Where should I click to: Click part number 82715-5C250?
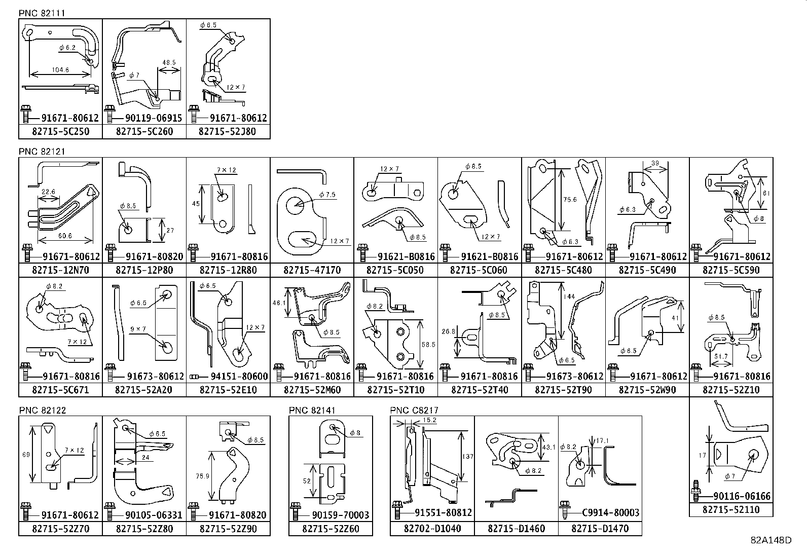(x=60, y=132)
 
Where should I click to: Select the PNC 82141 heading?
(x=312, y=410)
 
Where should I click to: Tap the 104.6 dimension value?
(x=60, y=70)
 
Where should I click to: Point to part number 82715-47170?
(x=312, y=270)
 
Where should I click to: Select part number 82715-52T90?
(x=563, y=390)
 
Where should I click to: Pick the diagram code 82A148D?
(x=771, y=540)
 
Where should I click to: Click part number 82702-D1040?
(x=432, y=529)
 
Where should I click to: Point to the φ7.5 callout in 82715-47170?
(x=327, y=195)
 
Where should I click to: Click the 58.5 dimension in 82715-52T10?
(x=428, y=344)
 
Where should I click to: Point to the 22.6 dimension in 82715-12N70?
(x=49, y=192)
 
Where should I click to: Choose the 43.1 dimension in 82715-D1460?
(x=549, y=447)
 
